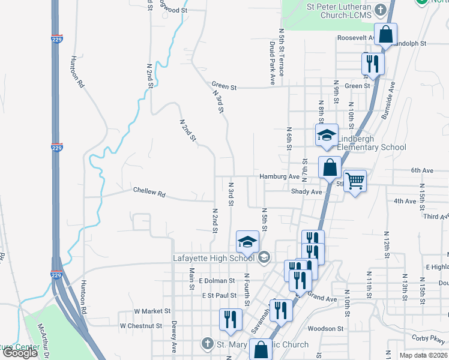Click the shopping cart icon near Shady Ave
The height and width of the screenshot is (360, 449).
(355, 180)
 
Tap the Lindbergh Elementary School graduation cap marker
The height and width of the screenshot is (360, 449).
(327, 136)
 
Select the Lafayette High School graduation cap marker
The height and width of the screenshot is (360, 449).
(247, 242)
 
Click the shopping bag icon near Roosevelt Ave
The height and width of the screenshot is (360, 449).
(385, 35)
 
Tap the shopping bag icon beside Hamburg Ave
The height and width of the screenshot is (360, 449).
(330, 167)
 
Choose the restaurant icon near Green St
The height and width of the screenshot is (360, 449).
(373, 64)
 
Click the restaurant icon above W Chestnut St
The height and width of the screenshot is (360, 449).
(231, 320)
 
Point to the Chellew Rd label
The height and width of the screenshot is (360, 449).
(149, 193)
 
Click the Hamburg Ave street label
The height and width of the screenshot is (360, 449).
(279, 177)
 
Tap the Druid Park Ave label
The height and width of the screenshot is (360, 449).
(272, 62)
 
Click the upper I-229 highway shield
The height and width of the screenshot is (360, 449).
(56, 147)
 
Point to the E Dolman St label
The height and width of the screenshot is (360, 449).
(216, 281)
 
